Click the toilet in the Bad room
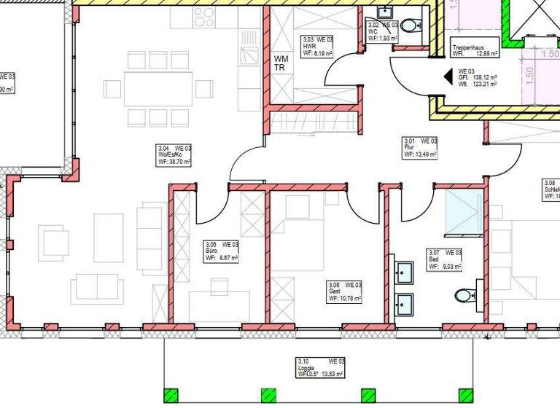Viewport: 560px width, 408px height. coord(464,296)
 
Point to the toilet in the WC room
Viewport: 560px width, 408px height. coord(411,26)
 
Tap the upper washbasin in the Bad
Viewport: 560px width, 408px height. coord(403,271)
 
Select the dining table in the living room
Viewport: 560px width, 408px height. coord(158,89)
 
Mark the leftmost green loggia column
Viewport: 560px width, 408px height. coord(171,396)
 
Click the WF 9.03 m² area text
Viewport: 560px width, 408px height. coord(444,267)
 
